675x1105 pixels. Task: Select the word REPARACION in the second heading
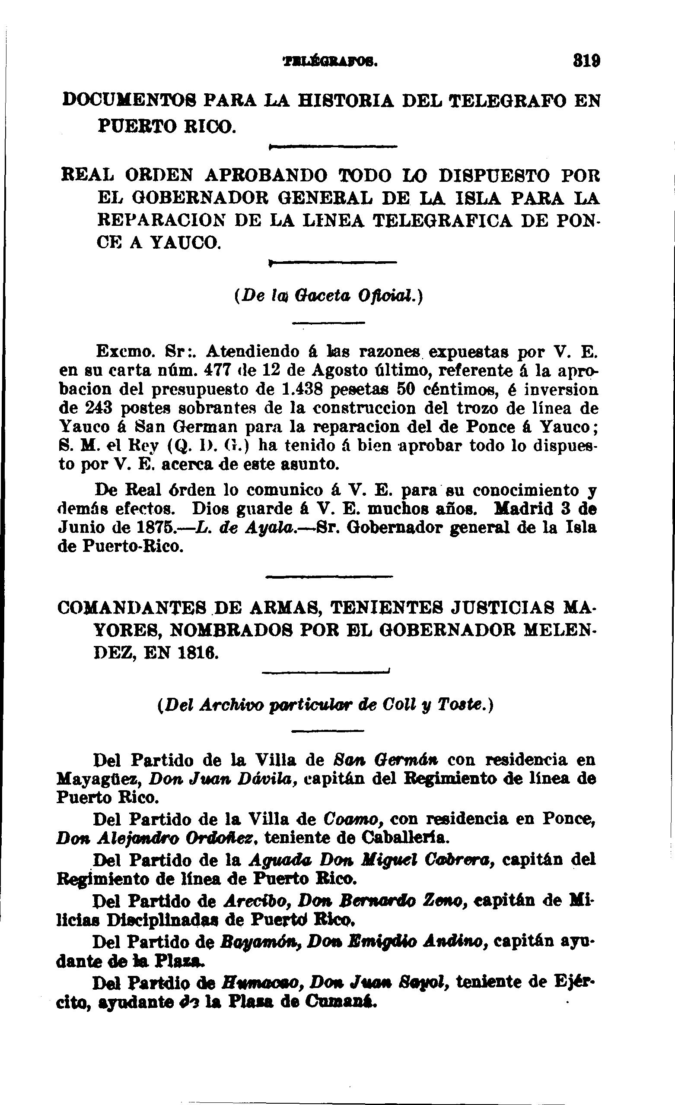pyautogui.click(x=162, y=220)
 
